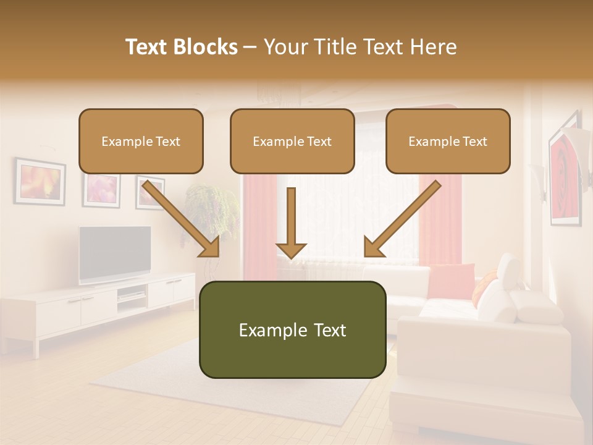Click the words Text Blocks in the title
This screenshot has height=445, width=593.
[x=182, y=47]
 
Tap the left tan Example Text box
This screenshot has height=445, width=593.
[x=141, y=141]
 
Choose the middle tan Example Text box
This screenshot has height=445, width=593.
[x=292, y=141]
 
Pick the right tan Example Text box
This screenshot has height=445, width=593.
[x=448, y=141]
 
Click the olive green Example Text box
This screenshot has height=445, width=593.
[x=292, y=329]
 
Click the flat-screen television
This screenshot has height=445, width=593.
[x=115, y=254]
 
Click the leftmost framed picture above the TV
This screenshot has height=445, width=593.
[x=40, y=181]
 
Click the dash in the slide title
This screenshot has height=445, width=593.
[x=250, y=47]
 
